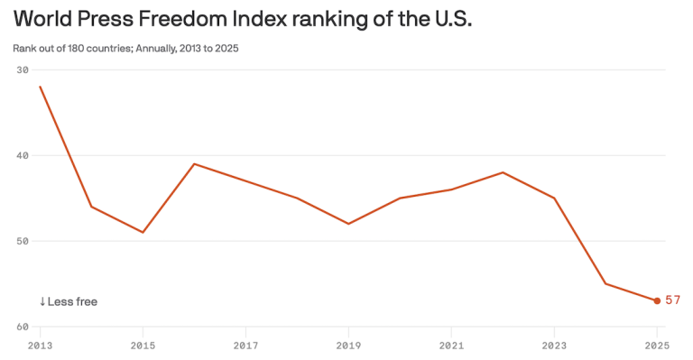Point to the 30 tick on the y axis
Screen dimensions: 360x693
[x=23, y=69]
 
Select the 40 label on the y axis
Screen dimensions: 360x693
[x=23, y=155]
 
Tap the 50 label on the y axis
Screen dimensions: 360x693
[x=23, y=241]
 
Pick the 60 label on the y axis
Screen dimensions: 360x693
[x=23, y=327]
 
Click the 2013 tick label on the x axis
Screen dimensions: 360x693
[x=40, y=346]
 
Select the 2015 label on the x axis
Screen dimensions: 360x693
[x=143, y=346]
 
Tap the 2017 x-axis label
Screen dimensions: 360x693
[x=245, y=346]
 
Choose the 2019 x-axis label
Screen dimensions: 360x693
[x=348, y=346]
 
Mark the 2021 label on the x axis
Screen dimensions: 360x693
[x=451, y=346]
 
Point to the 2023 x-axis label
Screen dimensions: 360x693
[x=554, y=346]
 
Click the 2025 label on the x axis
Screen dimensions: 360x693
[x=657, y=346]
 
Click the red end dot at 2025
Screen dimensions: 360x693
[x=657, y=300]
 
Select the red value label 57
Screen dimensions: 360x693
[x=672, y=300]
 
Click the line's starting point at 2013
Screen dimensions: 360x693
[x=40, y=87]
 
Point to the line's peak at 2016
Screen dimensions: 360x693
[x=194, y=164]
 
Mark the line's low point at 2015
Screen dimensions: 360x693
[x=143, y=232]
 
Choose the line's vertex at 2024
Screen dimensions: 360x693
[x=605, y=283]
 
